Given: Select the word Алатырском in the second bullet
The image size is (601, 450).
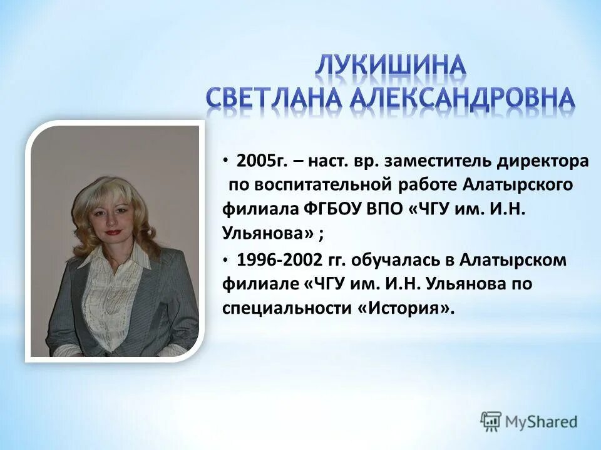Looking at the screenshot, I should point(513,260).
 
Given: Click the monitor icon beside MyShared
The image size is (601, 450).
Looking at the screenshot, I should point(491,421).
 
